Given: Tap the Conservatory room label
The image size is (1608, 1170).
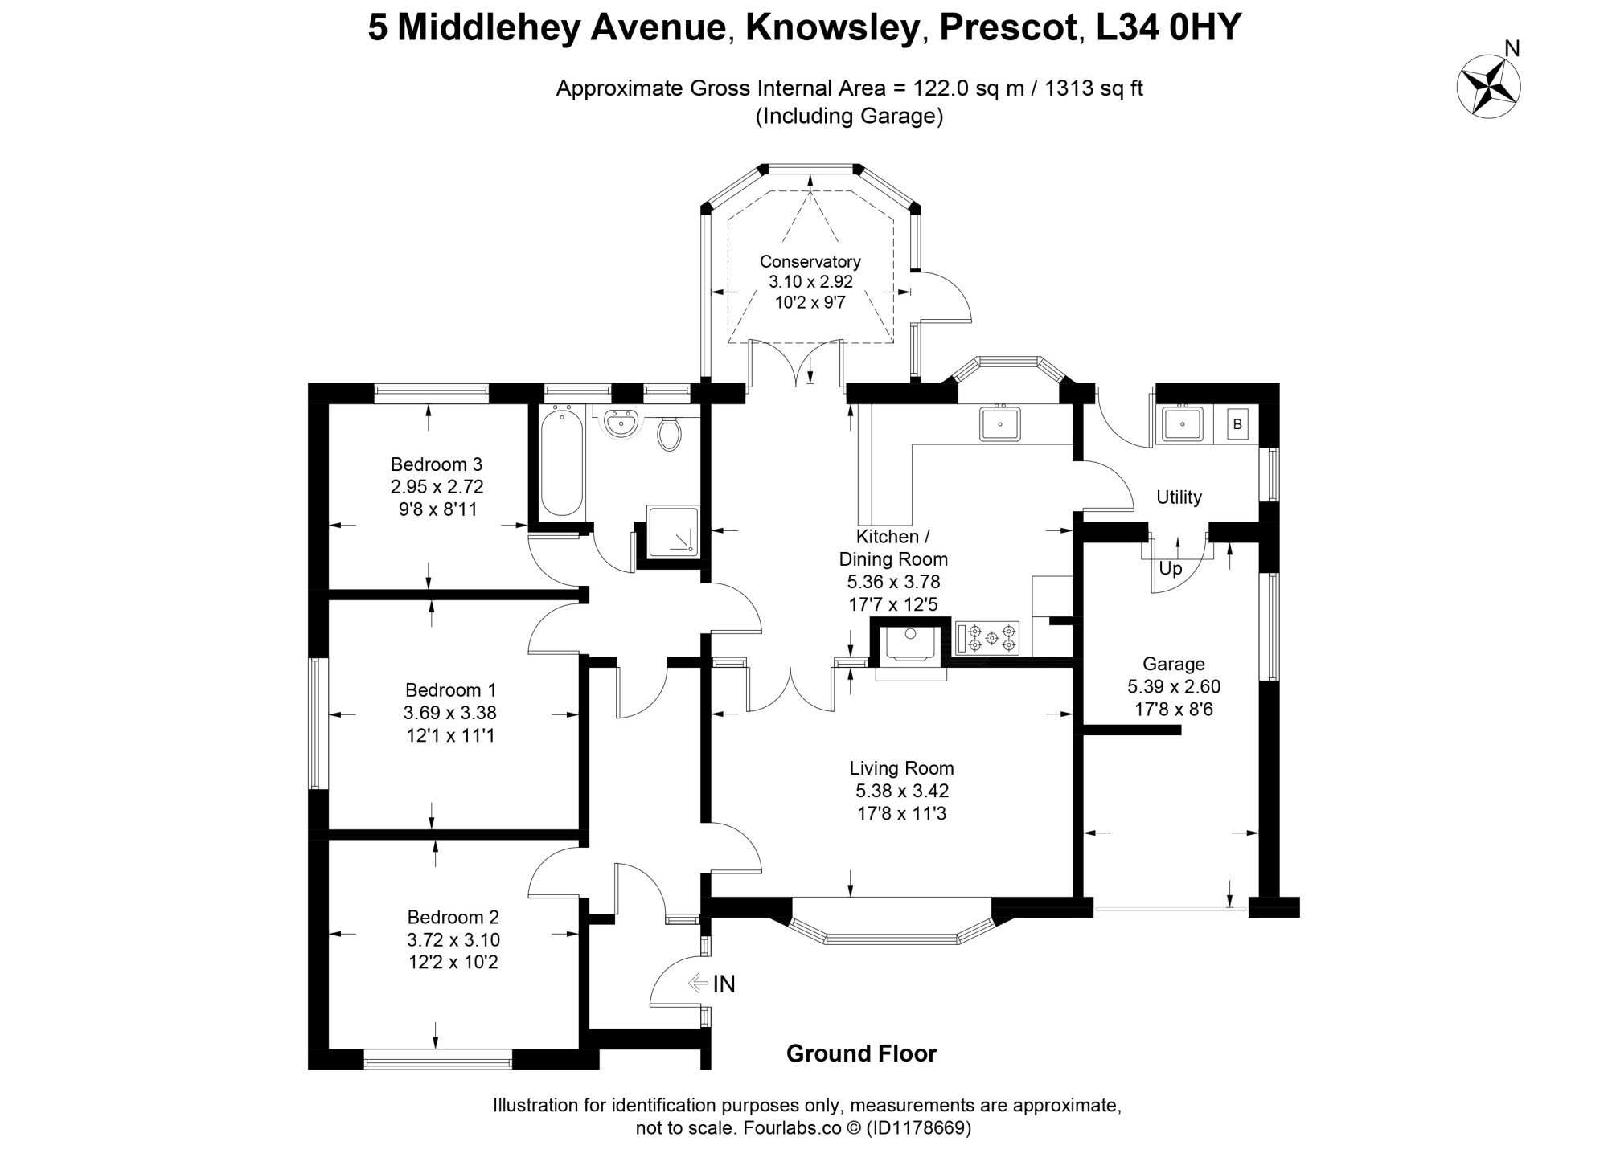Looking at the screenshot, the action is click(x=810, y=261).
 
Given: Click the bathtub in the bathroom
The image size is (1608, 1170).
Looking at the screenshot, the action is click(x=561, y=461).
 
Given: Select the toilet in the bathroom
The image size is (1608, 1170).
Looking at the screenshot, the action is click(x=669, y=432).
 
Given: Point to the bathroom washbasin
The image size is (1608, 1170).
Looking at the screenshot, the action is click(x=621, y=423).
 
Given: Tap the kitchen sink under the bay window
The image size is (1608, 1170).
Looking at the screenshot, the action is click(x=1000, y=423).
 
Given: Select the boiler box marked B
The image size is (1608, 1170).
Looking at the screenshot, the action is click(x=1237, y=424).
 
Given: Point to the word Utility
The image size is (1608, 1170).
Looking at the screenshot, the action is click(x=1179, y=497).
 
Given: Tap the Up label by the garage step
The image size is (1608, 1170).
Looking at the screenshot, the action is click(x=1171, y=569).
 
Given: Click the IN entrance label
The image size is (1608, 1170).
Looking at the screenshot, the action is click(x=724, y=984).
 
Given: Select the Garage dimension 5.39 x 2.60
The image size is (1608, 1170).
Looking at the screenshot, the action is click(x=1174, y=686).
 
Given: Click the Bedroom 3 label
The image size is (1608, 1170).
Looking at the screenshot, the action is click(x=437, y=464).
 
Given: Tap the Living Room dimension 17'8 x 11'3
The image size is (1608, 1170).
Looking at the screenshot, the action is click(x=901, y=813).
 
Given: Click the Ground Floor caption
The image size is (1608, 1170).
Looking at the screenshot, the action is click(x=862, y=1053).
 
